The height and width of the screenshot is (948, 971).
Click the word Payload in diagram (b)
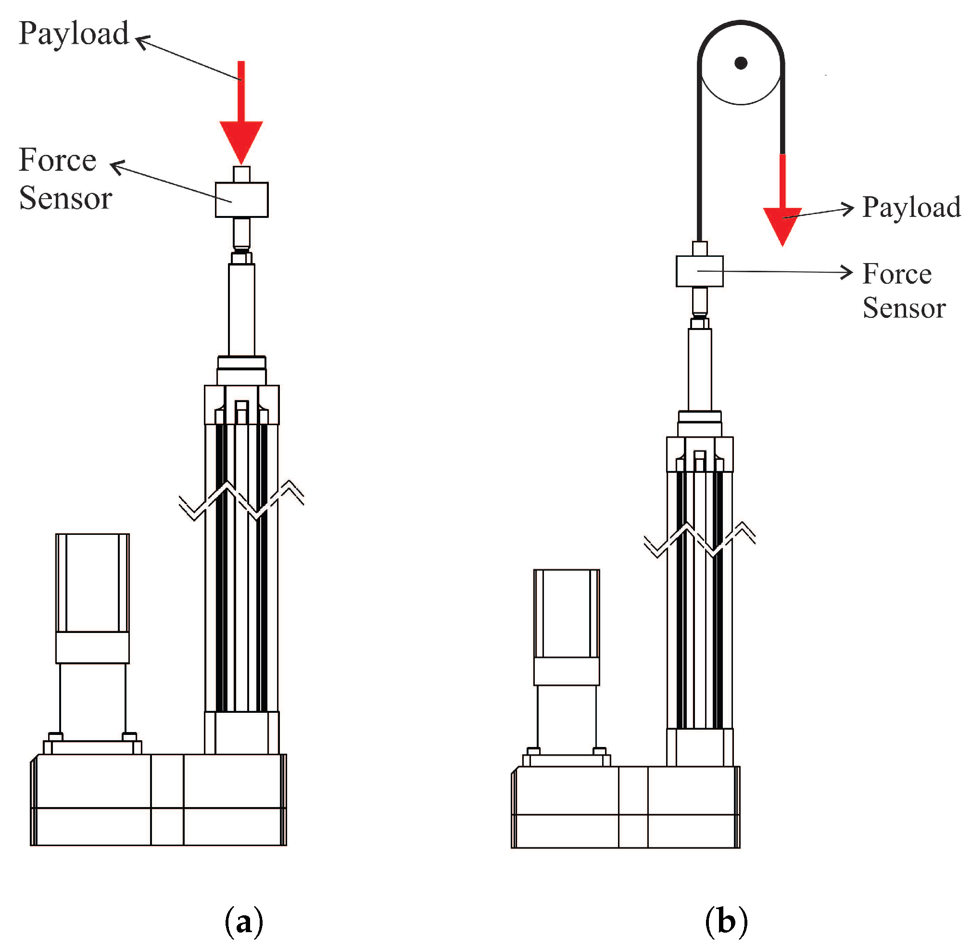point(911,207)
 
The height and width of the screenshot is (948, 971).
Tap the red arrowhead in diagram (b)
point(782,224)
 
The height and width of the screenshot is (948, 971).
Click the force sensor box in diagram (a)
point(241,200)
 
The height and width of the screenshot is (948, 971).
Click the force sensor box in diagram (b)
point(699,271)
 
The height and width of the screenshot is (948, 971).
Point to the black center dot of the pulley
point(741,63)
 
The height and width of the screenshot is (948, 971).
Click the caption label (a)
point(243,922)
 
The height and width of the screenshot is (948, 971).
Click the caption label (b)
point(726,922)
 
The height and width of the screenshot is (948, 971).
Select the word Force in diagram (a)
point(57,160)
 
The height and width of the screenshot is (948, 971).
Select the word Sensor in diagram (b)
point(903,308)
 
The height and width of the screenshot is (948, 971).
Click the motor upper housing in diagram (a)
point(92,582)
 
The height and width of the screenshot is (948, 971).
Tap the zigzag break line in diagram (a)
point(241,500)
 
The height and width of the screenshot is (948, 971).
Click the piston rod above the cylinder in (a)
point(241,309)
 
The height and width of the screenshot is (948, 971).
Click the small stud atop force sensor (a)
point(241,174)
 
